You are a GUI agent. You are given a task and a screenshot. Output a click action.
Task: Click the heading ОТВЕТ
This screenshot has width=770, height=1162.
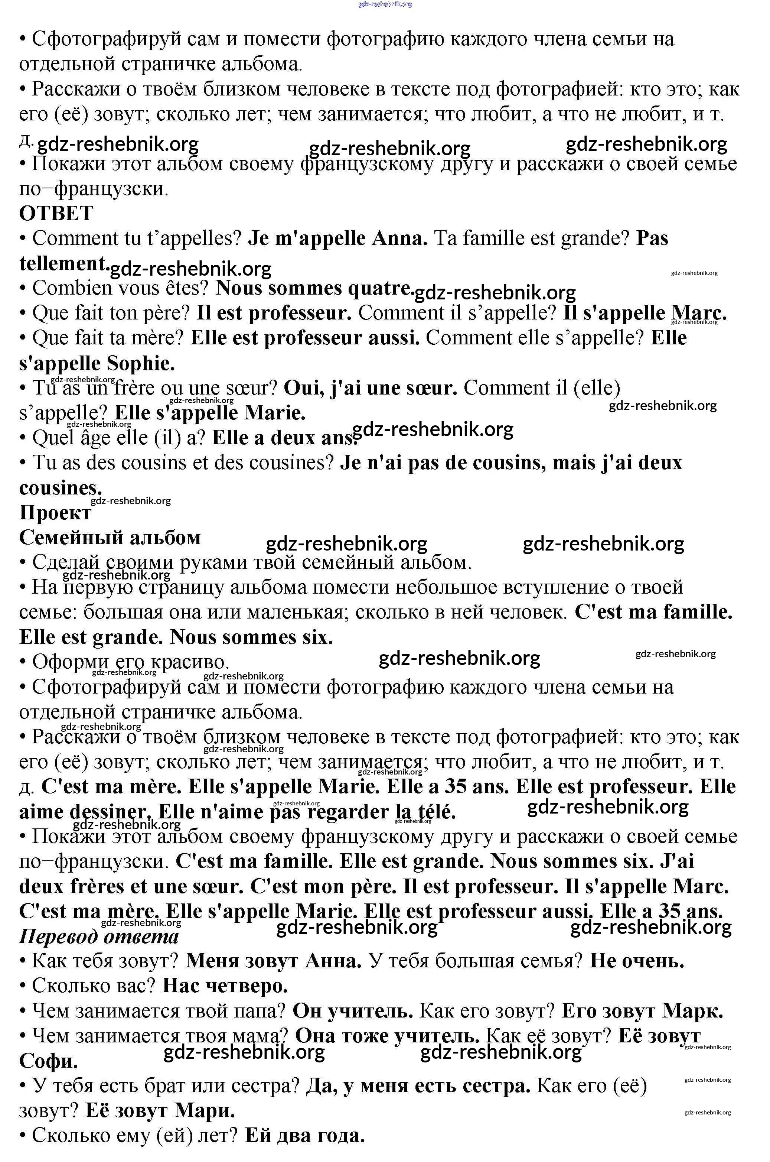coord(56,214)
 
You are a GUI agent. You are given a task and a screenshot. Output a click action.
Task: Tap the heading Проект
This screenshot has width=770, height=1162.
coord(55,513)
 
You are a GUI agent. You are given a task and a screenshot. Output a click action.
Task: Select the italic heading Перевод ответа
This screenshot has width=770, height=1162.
coord(99,937)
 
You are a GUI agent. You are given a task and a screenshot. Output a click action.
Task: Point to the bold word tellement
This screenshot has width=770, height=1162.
coord(62,263)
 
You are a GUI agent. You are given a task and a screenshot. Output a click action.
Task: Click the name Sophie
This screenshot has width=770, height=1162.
coord(140,364)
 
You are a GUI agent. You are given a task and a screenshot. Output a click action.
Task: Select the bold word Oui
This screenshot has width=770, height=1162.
coord(304,388)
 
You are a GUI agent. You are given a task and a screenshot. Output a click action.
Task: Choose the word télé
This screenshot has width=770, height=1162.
coord(434,812)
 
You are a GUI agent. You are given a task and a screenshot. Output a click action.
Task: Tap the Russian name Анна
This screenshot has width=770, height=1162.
coord(333,961)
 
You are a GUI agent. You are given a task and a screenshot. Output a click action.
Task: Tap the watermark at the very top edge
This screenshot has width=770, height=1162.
coord(385,4)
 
